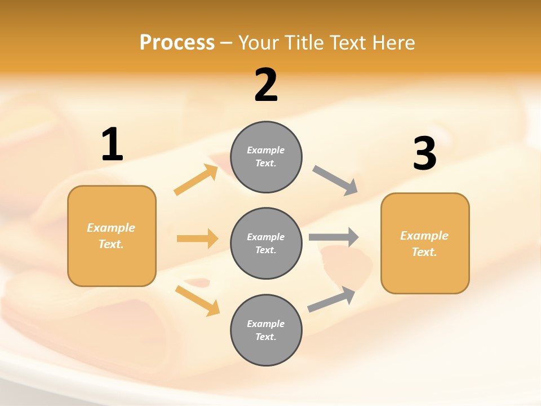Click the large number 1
(x=112, y=145)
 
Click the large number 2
(x=266, y=85)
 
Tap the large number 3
(x=424, y=154)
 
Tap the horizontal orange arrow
(x=197, y=239)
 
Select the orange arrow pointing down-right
(x=197, y=301)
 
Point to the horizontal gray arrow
(x=334, y=237)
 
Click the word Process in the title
(x=177, y=42)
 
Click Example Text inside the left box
(x=111, y=236)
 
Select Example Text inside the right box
(x=424, y=244)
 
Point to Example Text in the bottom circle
(x=265, y=330)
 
